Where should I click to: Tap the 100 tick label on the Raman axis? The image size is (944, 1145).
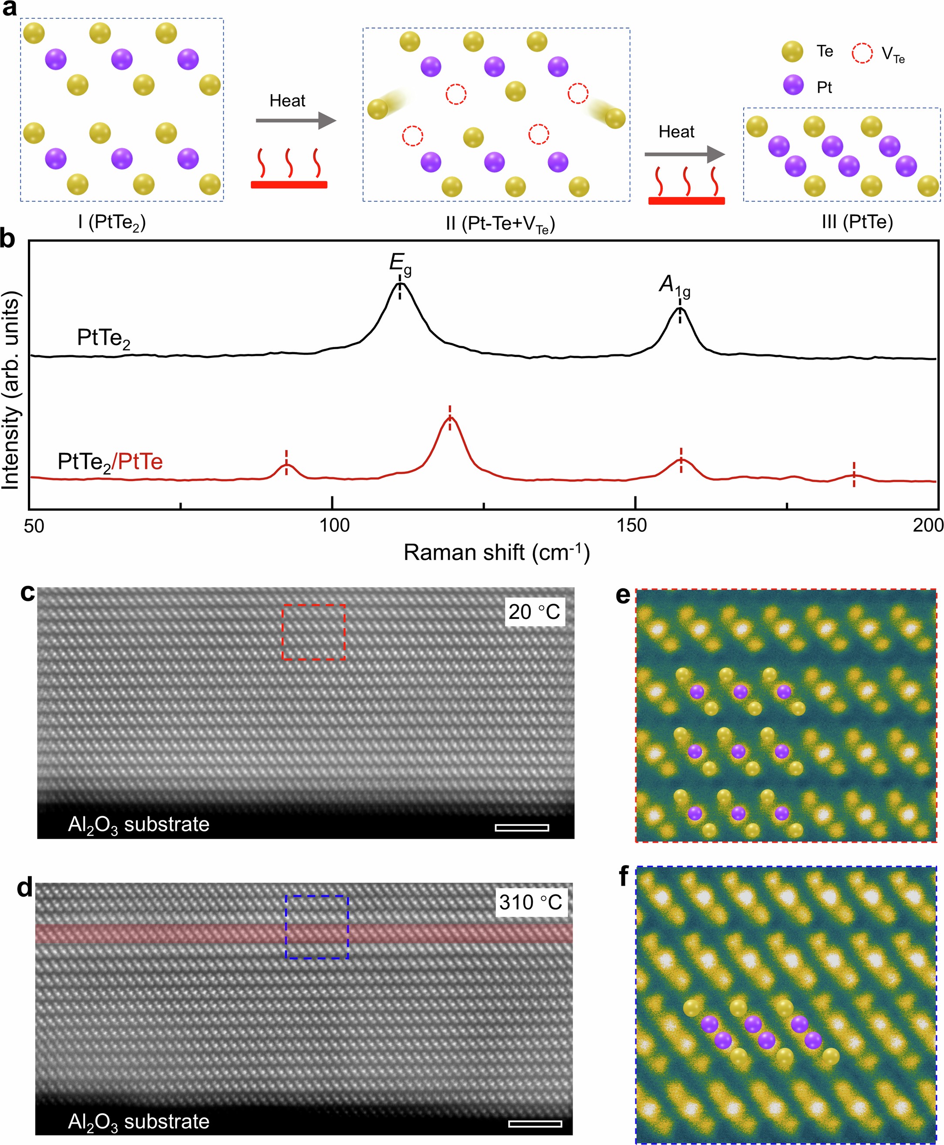click(334, 526)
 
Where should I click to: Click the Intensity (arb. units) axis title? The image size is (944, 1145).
click(11, 390)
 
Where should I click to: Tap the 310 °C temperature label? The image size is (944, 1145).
click(530, 902)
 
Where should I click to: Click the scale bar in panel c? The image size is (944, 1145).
click(522, 828)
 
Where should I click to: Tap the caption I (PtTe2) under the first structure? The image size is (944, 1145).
click(111, 222)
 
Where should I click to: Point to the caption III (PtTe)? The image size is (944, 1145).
click(857, 222)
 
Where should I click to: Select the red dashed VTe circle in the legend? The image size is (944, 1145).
click(862, 53)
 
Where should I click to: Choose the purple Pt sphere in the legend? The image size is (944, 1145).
click(793, 85)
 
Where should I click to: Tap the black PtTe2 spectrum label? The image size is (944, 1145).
click(103, 339)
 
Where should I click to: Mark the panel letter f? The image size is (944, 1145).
click(624, 877)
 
